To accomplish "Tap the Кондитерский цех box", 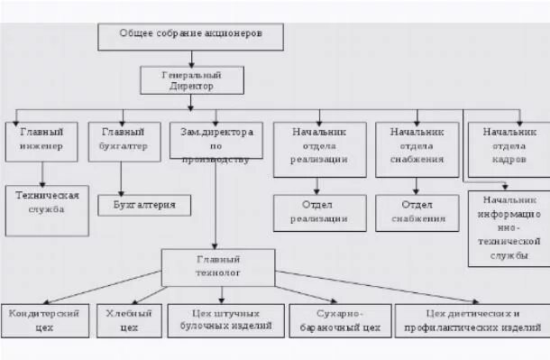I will (45, 320).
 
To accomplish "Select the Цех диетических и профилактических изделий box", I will (472, 320).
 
